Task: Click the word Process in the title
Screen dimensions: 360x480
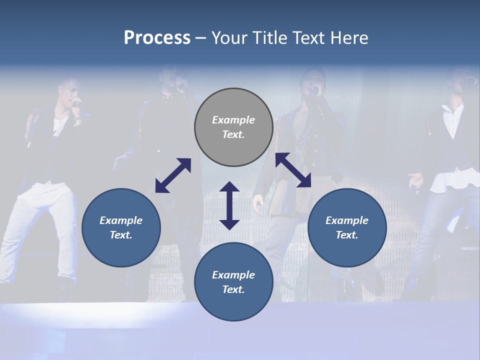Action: (x=157, y=38)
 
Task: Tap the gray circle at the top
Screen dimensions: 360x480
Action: (x=233, y=127)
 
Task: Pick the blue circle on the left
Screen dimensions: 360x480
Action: (x=121, y=227)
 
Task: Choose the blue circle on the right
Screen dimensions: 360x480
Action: (x=347, y=227)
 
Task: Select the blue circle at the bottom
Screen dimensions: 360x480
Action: (x=233, y=282)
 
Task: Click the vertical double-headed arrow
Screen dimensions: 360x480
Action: (x=229, y=205)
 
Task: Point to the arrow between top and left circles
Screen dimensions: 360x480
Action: (x=173, y=175)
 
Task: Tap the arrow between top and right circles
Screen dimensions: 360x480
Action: (x=293, y=170)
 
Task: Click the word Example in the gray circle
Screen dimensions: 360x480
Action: (x=233, y=120)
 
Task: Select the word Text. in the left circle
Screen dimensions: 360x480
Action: (x=121, y=235)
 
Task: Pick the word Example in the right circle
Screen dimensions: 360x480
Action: (x=347, y=220)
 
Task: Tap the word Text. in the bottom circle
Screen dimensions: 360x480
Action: (x=233, y=289)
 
